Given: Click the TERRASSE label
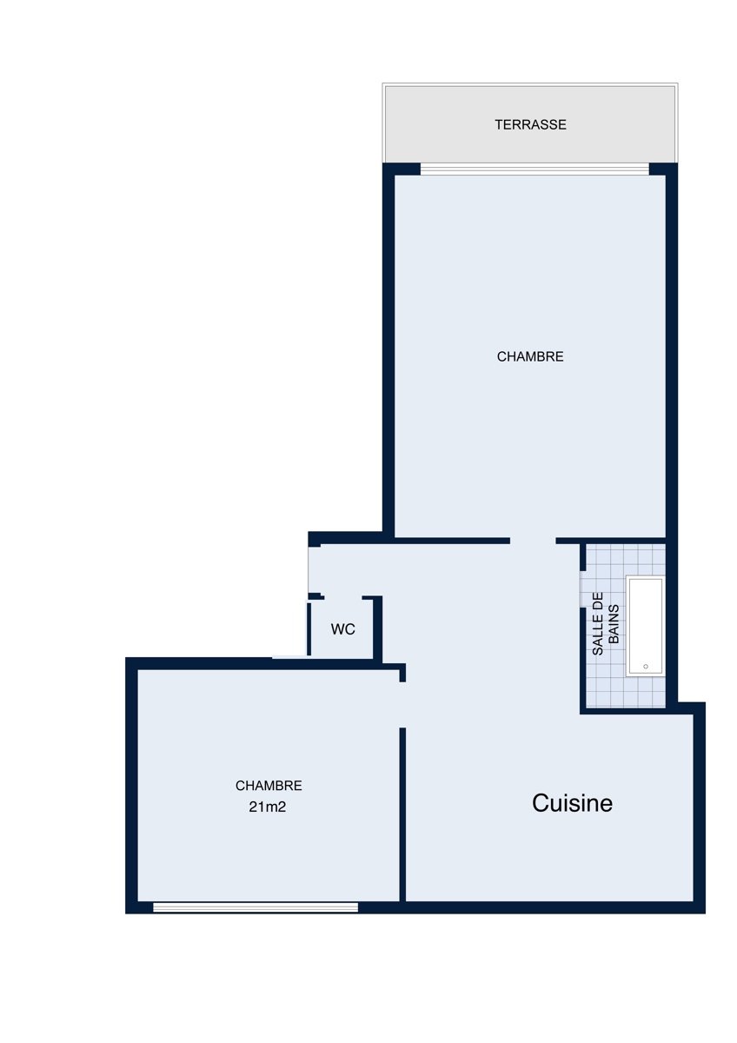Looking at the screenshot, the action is coord(530,125).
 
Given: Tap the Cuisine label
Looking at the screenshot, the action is coord(572,803).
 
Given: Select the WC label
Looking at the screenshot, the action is coord(342,629).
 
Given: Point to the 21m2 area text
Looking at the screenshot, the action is coord(267,807).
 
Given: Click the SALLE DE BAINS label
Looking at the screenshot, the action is coord(605,624).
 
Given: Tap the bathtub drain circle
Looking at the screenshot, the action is coord(646,667).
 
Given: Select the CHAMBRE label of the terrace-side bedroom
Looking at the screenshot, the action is coord(530,356).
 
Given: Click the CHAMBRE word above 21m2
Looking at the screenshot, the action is coord(269,786).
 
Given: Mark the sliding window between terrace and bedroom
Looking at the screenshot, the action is coord(534,169).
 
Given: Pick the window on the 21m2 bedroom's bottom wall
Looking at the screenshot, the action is coord(256,907).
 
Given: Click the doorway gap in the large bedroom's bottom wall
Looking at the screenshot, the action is coord(533,541).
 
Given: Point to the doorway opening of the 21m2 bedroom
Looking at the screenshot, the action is coord(402,705).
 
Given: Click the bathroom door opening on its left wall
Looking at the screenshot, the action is coord(582,588).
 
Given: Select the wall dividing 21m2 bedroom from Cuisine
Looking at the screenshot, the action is coord(402,815).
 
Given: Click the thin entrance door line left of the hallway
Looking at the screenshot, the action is coord(309,569).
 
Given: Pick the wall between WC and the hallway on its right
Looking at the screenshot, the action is coord(377,628).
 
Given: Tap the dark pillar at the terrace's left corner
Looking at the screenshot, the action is coord(402,169).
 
